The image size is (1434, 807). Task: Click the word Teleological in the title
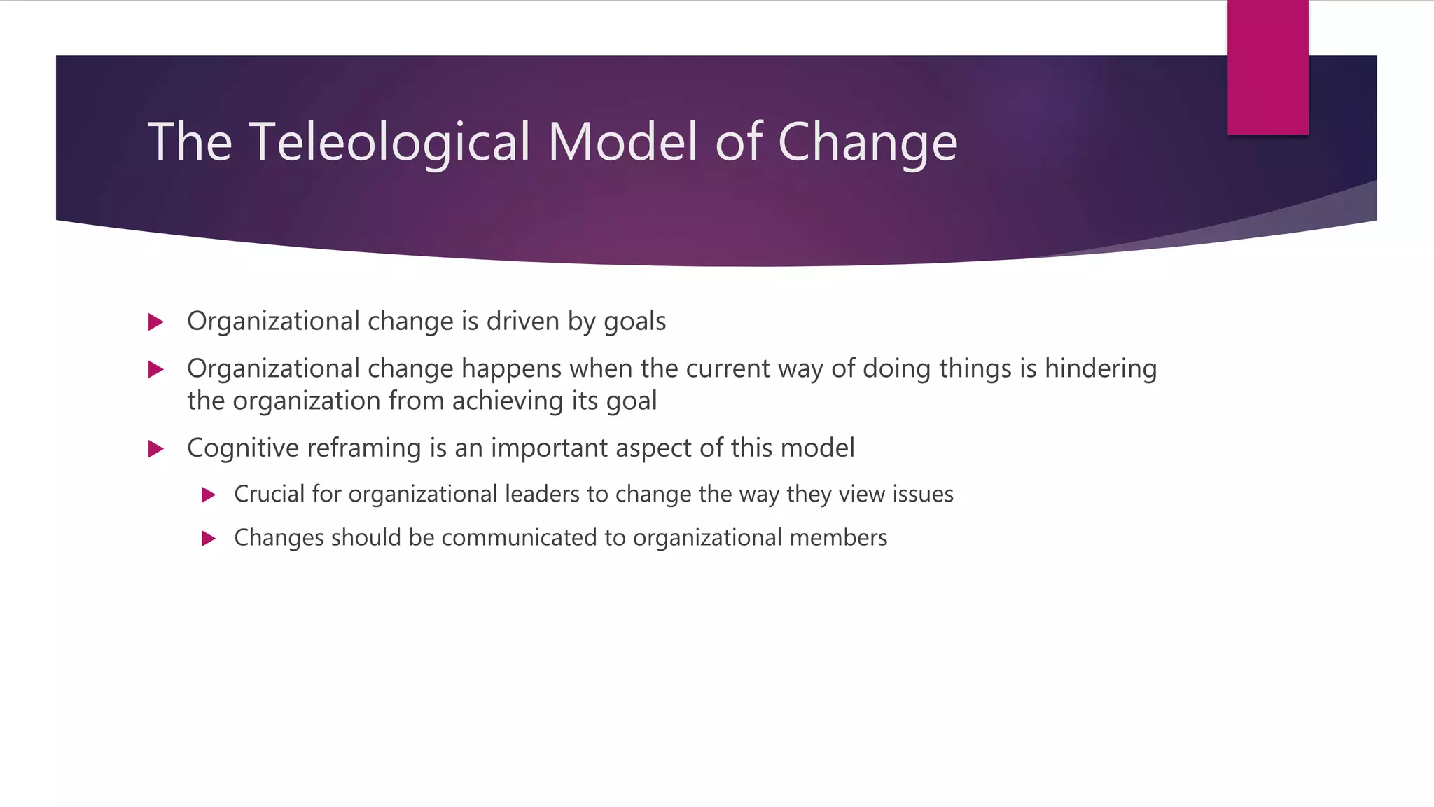tap(389, 142)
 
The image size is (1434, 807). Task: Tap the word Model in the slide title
tap(623, 142)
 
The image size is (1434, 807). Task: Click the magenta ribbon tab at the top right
tap(1267, 68)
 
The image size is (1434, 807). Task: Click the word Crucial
tap(269, 495)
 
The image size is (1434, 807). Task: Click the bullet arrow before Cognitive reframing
tap(156, 449)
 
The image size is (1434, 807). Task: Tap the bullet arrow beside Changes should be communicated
tap(208, 539)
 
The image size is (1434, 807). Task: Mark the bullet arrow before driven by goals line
tap(156, 322)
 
